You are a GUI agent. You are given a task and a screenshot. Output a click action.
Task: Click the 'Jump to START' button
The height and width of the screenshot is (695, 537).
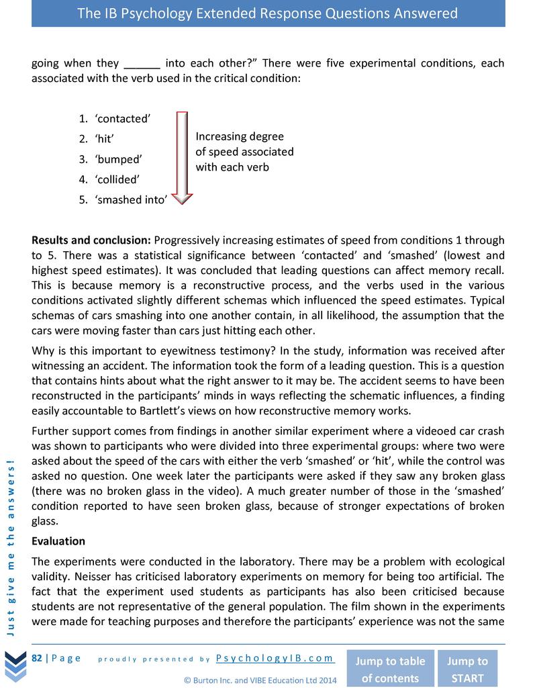point(468,669)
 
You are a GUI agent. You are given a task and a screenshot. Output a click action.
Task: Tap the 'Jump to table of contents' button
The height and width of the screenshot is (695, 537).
point(390,669)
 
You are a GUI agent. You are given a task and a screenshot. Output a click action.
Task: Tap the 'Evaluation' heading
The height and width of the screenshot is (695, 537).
point(58,541)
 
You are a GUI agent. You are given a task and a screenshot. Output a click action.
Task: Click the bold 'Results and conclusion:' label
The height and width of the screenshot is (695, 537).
point(91,240)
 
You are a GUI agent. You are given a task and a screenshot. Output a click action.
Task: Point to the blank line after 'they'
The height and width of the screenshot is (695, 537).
point(142,64)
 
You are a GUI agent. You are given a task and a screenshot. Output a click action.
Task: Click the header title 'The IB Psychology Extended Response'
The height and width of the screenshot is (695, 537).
point(268,13)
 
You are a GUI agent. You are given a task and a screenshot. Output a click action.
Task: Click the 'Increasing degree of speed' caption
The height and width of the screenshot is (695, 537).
point(244,151)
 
